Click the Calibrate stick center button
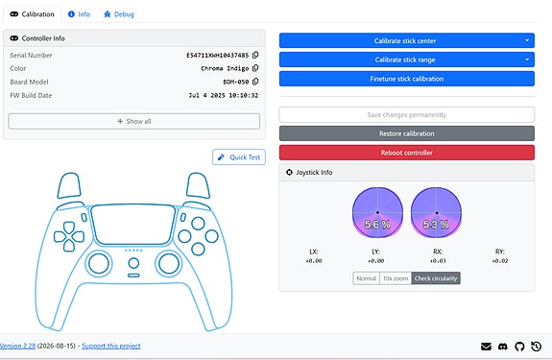tap(407, 40)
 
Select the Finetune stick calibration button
tap(407, 79)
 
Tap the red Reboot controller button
tap(407, 153)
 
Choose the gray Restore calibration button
tap(407, 133)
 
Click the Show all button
tap(134, 121)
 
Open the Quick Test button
tap(239, 156)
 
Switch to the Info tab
tap(79, 14)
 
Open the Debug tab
tap(119, 14)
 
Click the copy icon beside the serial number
tap(255, 55)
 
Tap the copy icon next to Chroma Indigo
tap(255, 68)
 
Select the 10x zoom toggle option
tap(396, 278)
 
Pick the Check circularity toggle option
tap(436, 278)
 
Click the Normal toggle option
tap(367, 278)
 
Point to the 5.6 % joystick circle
tap(377, 212)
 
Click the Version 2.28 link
tap(17, 346)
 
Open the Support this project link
tap(111, 346)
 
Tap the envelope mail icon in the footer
tap(486, 347)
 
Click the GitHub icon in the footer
tap(519, 347)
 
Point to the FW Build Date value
tap(224, 95)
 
